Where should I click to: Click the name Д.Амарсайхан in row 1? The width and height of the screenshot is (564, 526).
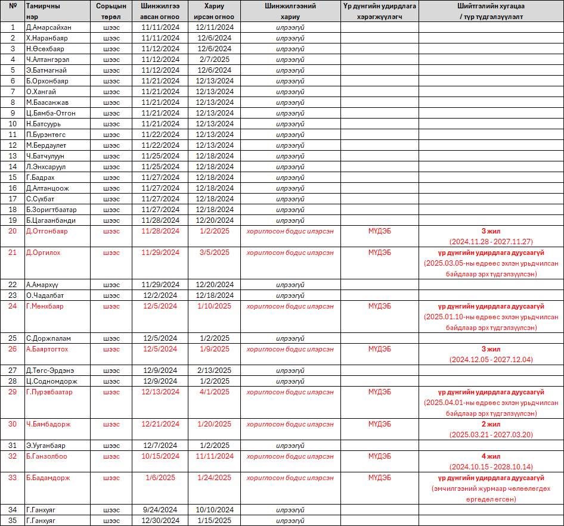(49, 27)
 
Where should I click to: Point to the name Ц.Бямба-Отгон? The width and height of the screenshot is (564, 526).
(51, 113)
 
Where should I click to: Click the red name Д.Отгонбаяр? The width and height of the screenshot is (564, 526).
(47, 231)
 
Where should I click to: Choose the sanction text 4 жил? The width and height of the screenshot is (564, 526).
(491, 456)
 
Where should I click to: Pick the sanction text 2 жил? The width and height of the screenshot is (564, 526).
(491, 424)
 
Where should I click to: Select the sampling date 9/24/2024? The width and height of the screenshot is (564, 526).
(160, 510)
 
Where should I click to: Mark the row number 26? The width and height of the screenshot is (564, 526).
(13, 349)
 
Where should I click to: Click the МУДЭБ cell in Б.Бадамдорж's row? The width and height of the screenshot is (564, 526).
(379, 478)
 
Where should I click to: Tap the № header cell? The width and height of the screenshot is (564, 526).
(13, 6)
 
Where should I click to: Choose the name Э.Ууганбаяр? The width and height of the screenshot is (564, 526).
(46, 446)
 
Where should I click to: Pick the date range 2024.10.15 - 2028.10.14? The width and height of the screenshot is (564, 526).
(491, 467)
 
